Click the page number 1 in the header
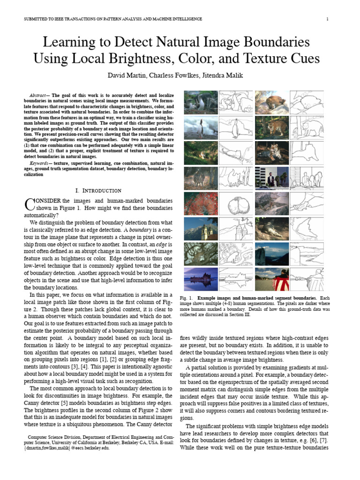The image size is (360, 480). [327, 19]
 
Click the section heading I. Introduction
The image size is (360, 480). [98, 190]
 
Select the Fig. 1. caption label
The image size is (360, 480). [187, 298]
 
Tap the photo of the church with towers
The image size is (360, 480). [201, 229]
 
